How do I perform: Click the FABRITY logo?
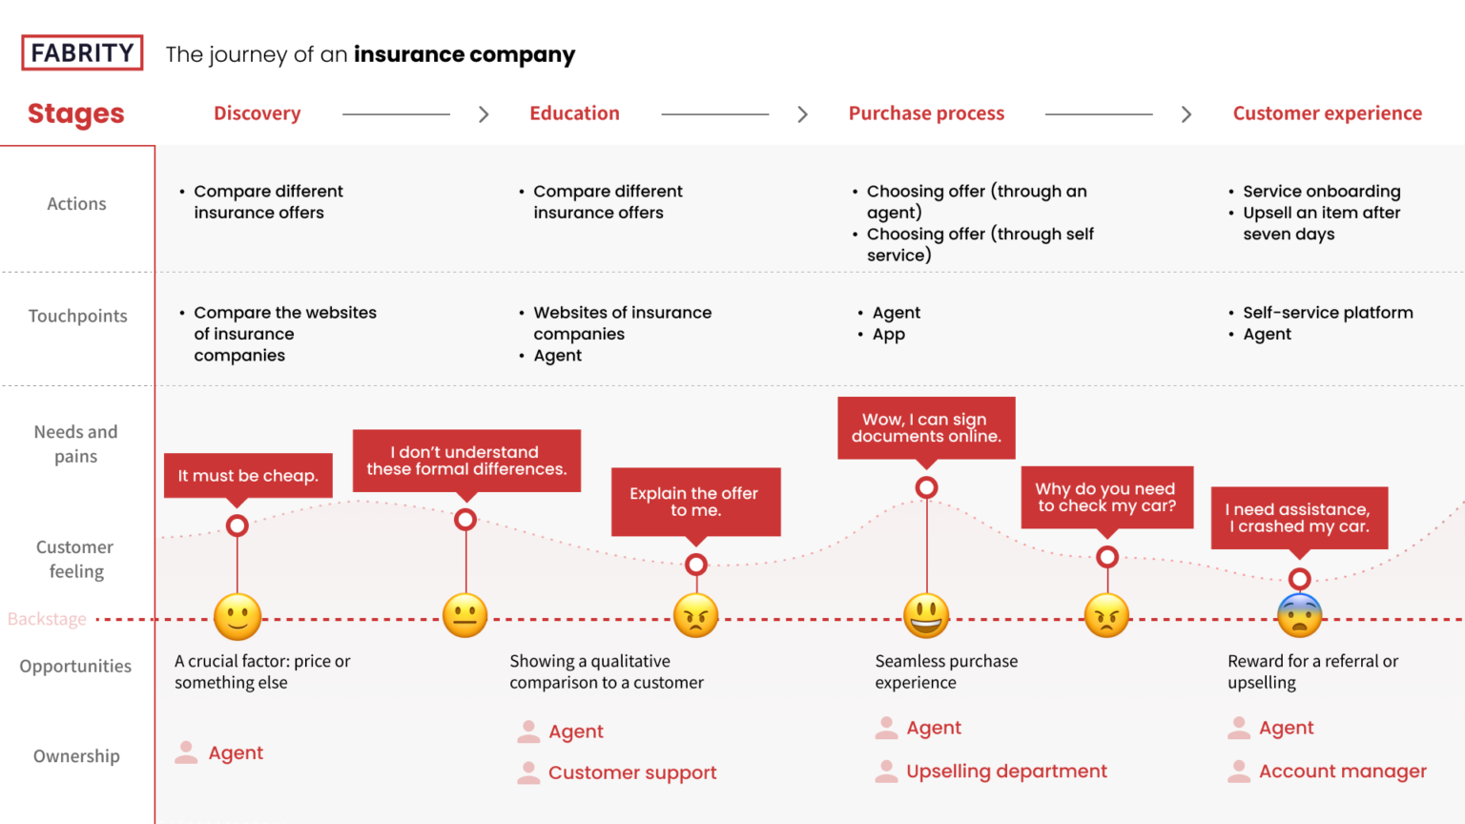tap(82, 53)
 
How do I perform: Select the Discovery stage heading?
tap(257, 113)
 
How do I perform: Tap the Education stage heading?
tap(574, 113)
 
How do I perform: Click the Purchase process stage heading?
tap(926, 113)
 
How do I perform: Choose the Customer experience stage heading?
tap(1327, 113)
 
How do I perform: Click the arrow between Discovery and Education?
tap(484, 114)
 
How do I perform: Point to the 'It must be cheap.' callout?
tap(248, 475)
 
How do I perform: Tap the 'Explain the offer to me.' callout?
tap(694, 502)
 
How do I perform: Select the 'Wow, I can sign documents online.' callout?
tap(926, 428)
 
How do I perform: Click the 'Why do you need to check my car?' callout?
tap(1106, 497)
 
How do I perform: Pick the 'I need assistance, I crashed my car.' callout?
tap(1299, 518)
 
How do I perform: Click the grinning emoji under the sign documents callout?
tap(926, 616)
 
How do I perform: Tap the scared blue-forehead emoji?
tap(1299, 616)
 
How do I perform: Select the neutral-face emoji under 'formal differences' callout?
tap(465, 616)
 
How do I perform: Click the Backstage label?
tap(47, 619)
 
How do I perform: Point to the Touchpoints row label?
tap(77, 316)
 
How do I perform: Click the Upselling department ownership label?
tap(1006, 772)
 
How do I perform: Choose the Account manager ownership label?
tap(1342, 772)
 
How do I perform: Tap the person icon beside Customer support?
tap(528, 772)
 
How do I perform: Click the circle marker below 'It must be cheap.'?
tap(237, 525)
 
